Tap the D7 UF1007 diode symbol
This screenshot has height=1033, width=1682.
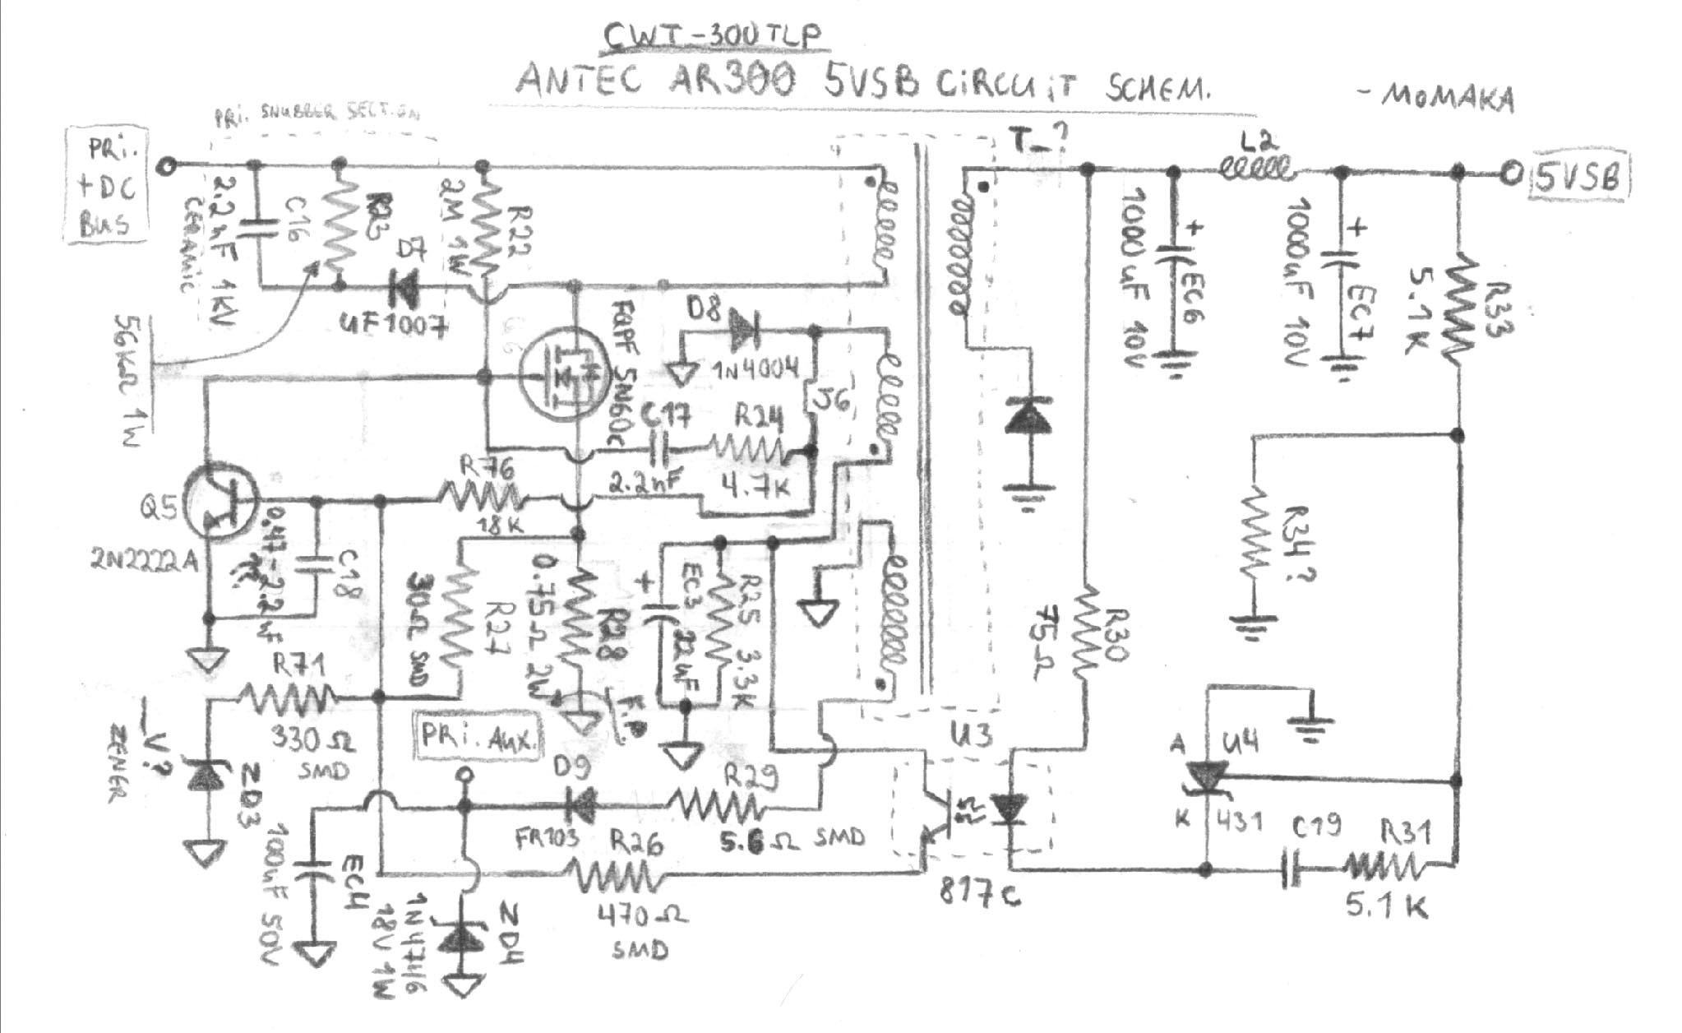click(403, 287)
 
